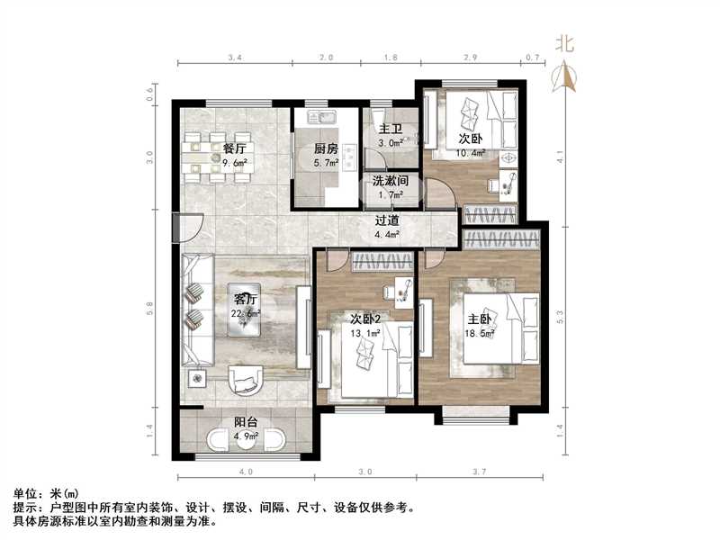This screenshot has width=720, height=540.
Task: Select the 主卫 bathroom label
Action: pos(390,129)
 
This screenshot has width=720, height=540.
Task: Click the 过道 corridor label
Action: pos(388,220)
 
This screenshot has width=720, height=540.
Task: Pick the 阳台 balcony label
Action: pos(247,421)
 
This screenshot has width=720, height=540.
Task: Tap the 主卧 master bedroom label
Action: pos(481,319)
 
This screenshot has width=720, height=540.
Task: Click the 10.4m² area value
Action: pos(471,154)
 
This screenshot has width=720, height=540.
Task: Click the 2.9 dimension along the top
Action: pos(470,56)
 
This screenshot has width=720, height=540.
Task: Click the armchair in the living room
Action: pos(245,380)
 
